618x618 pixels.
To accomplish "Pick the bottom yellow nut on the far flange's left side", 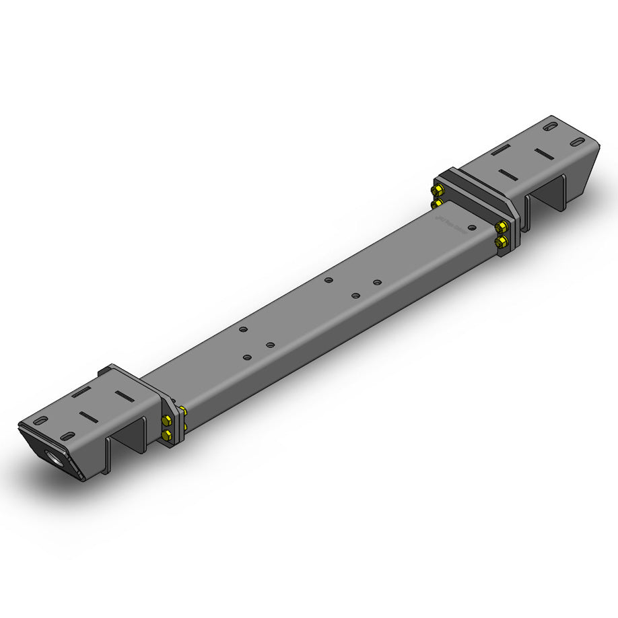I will tap(438, 201).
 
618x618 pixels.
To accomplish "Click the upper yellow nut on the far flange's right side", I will tap(500, 227).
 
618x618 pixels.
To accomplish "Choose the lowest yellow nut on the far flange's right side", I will tap(500, 240).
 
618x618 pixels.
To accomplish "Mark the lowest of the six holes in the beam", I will tap(247, 357).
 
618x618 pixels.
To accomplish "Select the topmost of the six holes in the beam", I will tap(328, 280).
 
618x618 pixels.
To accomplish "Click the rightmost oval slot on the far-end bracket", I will tap(577, 142).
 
